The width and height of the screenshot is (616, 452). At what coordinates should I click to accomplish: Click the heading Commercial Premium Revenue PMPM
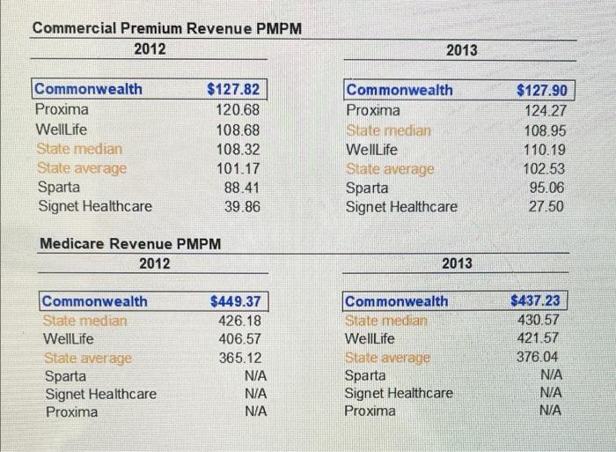click(167, 28)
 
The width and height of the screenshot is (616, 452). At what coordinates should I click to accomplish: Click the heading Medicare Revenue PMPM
click(129, 243)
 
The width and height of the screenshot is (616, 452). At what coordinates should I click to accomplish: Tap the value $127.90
click(544, 91)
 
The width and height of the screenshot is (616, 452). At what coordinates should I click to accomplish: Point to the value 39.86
click(241, 207)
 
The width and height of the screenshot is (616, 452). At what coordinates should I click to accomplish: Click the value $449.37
click(235, 301)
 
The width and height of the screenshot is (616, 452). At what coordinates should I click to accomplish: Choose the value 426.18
click(238, 321)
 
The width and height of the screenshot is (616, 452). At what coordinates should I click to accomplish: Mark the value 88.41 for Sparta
click(241, 187)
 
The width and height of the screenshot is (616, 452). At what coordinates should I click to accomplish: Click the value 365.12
click(238, 358)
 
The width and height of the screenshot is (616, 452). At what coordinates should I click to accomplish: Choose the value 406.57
click(238, 339)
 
